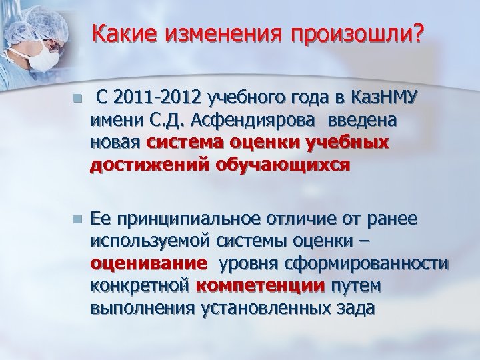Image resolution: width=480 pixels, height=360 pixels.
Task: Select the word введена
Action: [359, 122]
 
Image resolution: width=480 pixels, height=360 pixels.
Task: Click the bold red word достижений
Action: [149, 164]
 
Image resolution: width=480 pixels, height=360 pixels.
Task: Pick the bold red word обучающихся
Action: [280, 164]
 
